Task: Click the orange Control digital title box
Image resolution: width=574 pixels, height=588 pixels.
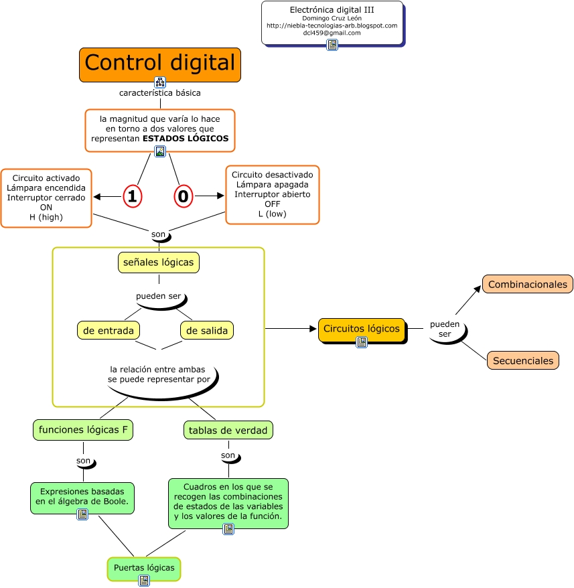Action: [x=159, y=64]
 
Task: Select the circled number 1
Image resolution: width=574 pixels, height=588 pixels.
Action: [x=133, y=196]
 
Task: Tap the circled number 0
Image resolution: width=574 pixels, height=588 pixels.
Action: [x=184, y=196]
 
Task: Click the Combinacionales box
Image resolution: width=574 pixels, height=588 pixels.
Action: [x=527, y=284]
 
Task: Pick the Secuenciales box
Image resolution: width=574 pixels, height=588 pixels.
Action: [x=522, y=360]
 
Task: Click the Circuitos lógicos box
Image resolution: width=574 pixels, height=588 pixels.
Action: [x=361, y=328]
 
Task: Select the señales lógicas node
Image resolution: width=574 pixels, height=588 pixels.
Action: [x=158, y=263]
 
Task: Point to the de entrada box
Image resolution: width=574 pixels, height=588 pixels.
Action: [x=109, y=330]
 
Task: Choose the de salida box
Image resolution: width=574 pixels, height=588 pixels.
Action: [x=207, y=330]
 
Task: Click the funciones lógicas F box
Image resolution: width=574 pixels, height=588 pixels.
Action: [x=83, y=430]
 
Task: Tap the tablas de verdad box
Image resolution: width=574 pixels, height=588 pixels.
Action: [x=228, y=430]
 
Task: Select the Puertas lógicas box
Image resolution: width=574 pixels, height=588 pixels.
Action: [x=144, y=567]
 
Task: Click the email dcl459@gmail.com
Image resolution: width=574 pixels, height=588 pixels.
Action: [x=332, y=33]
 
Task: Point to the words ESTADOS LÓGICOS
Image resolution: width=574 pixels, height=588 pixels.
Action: [x=186, y=139]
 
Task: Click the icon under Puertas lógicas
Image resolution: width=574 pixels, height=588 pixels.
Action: [x=144, y=580]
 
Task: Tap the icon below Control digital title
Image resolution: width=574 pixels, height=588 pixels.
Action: [x=160, y=82]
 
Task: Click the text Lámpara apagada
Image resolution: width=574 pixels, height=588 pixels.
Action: [x=272, y=184]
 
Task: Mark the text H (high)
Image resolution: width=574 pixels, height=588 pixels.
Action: [x=46, y=217]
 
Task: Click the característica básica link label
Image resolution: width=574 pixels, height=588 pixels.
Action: [x=159, y=93]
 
